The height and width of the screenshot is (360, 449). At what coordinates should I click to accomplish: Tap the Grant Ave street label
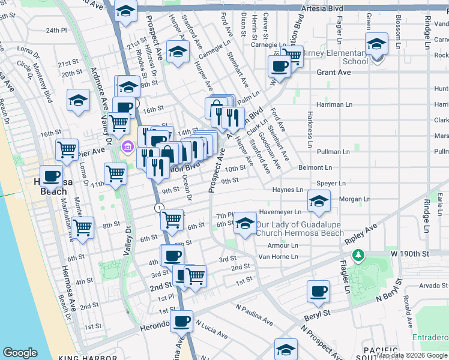(x=333, y=72)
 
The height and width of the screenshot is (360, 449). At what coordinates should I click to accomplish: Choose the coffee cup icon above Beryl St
(x=318, y=293)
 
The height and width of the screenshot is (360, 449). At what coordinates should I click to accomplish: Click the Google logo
(x=20, y=353)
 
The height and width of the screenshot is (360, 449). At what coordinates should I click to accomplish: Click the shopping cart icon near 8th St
(x=82, y=227)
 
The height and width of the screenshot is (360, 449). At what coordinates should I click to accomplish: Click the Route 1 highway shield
(x=158, y=208)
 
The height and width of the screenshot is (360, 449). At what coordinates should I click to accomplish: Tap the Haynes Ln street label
(x=288, y=190)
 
